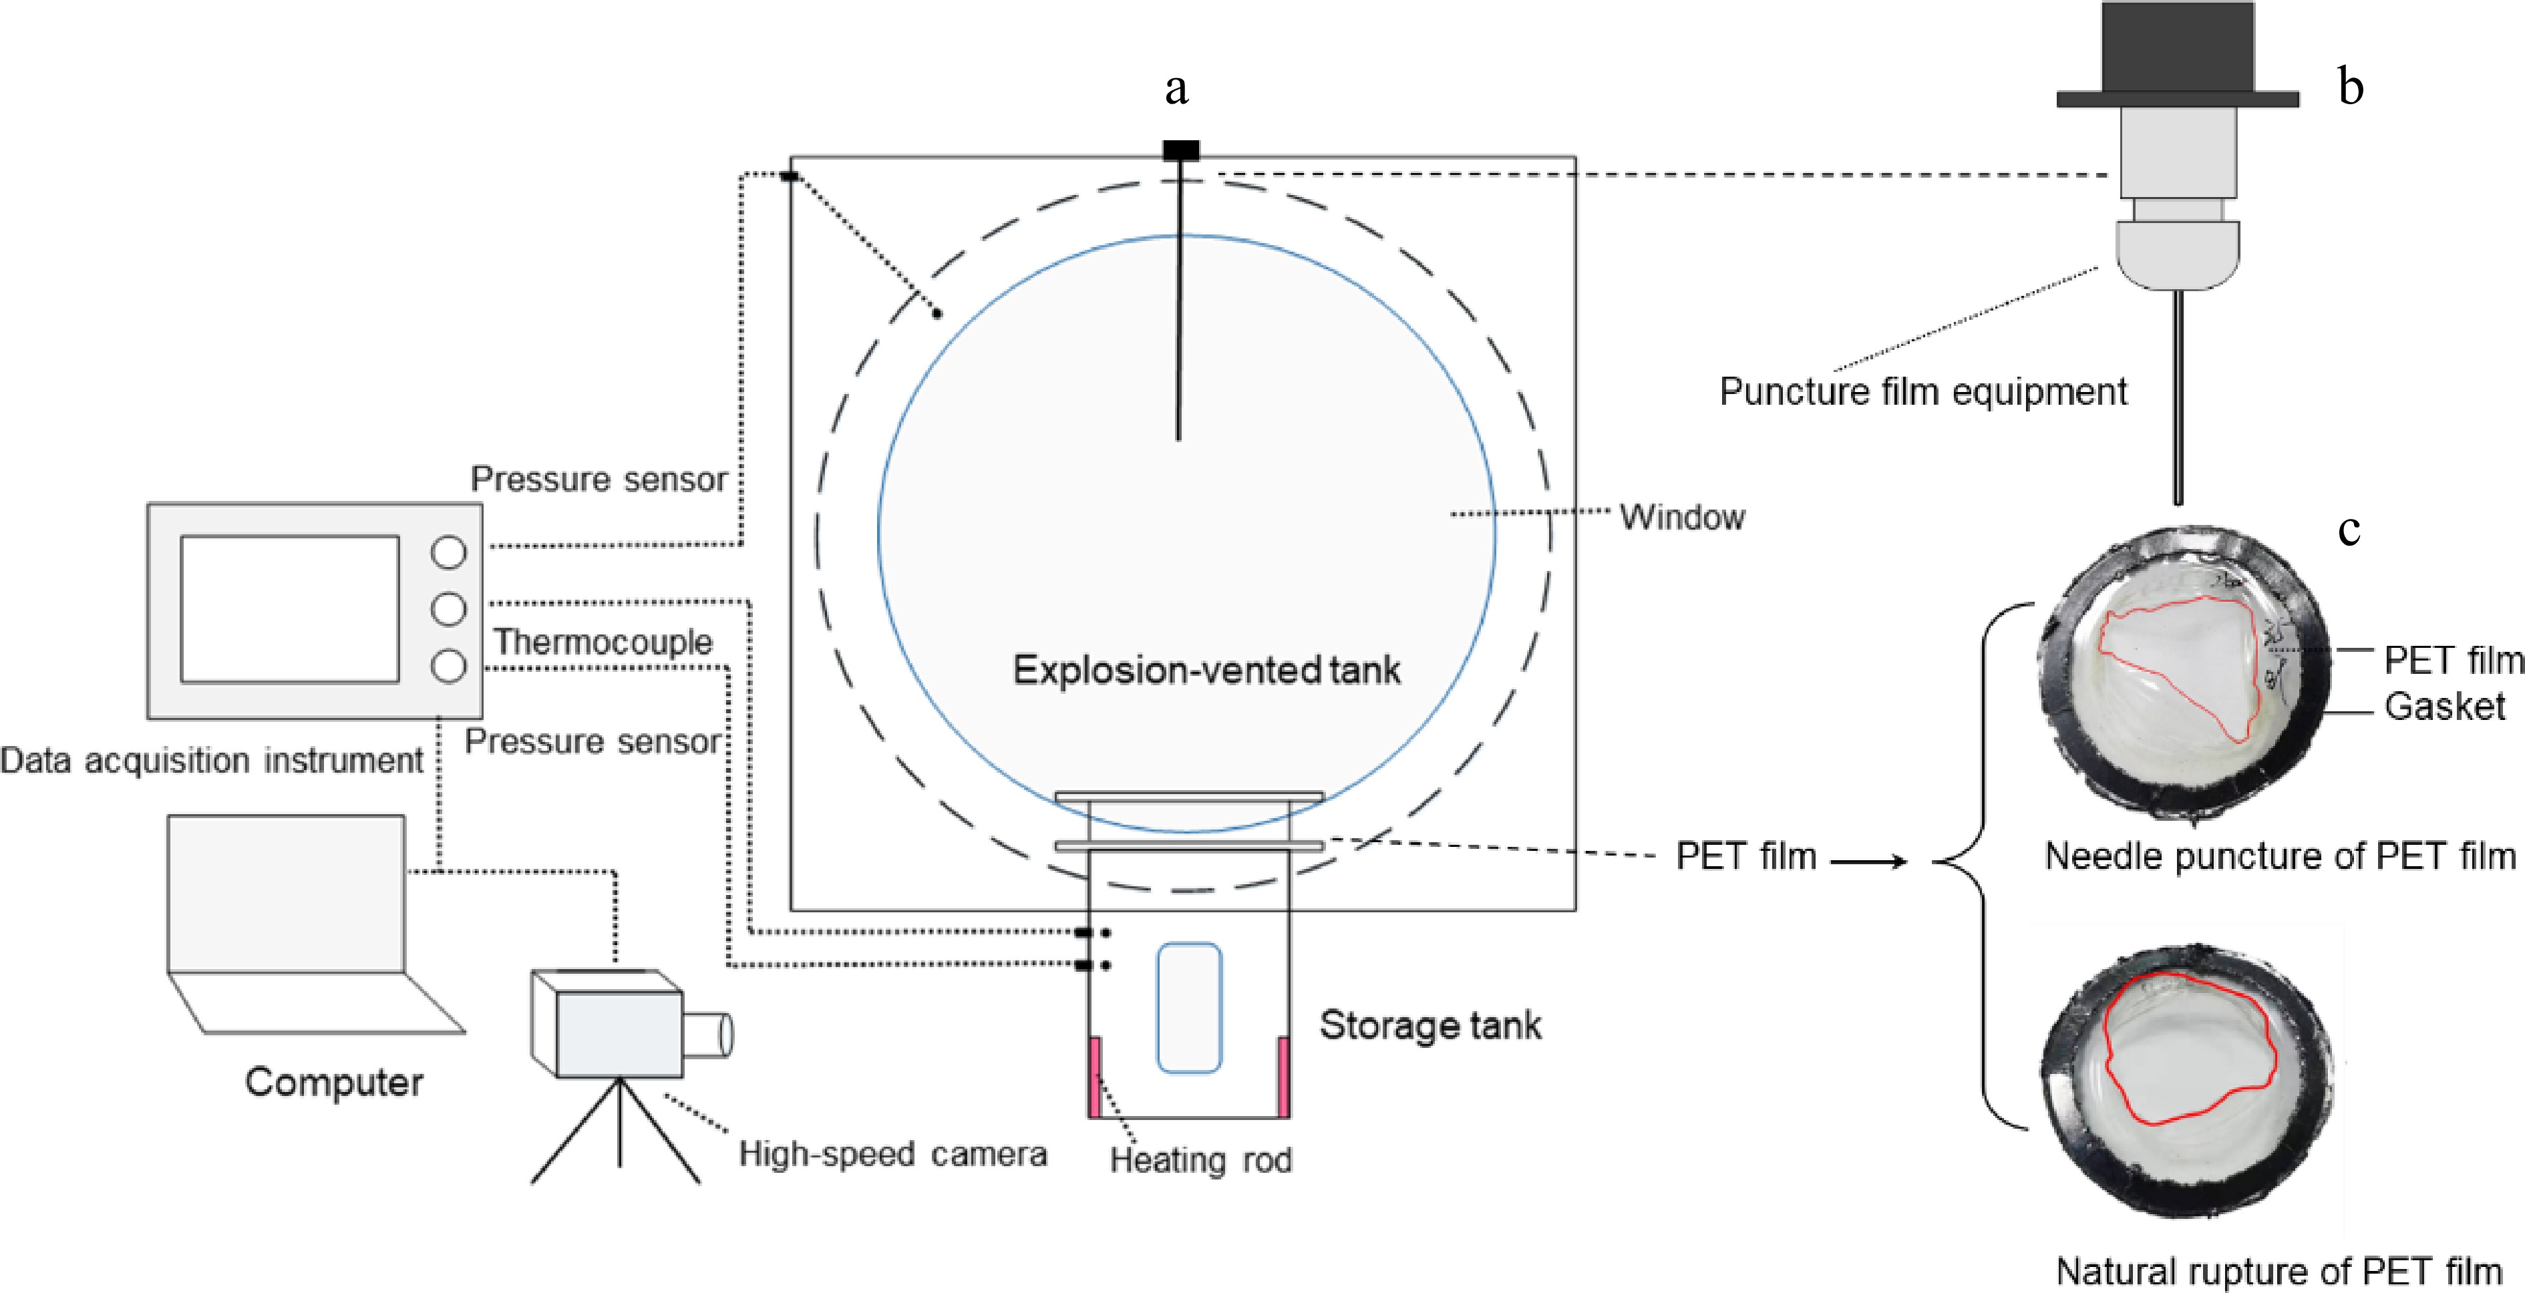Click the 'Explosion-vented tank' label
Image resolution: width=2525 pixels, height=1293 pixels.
[1206, 671]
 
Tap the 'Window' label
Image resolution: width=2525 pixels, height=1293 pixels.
[1682, 517]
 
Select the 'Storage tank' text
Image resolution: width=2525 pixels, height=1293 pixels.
[1430, 1025]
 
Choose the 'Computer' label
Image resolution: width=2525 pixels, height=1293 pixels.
[334, 1082]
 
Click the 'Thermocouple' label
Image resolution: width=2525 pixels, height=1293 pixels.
[603, 642]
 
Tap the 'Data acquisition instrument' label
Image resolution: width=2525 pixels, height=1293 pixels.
[212, 760]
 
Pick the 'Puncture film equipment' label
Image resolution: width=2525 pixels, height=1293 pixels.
[1923, 392]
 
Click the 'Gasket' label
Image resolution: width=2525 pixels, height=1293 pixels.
[2445, 706]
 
